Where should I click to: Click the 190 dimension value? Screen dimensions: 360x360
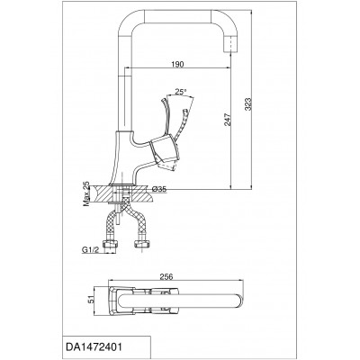(177, 64)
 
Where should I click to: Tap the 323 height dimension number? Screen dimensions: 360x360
(248, 104)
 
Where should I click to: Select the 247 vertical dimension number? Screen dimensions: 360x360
(229, 120)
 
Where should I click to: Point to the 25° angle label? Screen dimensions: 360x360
(181, 92)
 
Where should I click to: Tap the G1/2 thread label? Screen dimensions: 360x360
(90, 250)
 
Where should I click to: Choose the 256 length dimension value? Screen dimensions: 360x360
(166, 276)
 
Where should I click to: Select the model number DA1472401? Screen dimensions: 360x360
(94, 347)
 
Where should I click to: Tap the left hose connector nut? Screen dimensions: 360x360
(110, 243)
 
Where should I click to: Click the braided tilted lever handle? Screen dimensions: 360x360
(181, 124)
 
